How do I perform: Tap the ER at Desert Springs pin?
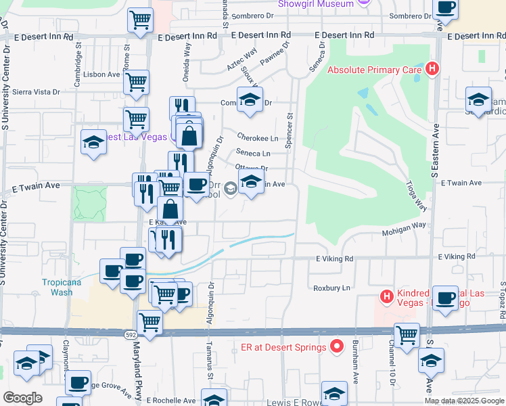tap(337, 348)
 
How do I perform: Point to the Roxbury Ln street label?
tap(331, 288)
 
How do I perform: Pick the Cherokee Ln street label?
tap(260, 138)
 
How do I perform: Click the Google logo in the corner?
tap(22, 398)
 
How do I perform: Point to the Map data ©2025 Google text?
tap(464, 401)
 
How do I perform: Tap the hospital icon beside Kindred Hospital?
tap(386, 296)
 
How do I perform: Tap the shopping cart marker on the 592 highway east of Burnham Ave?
tap(407, 334)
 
